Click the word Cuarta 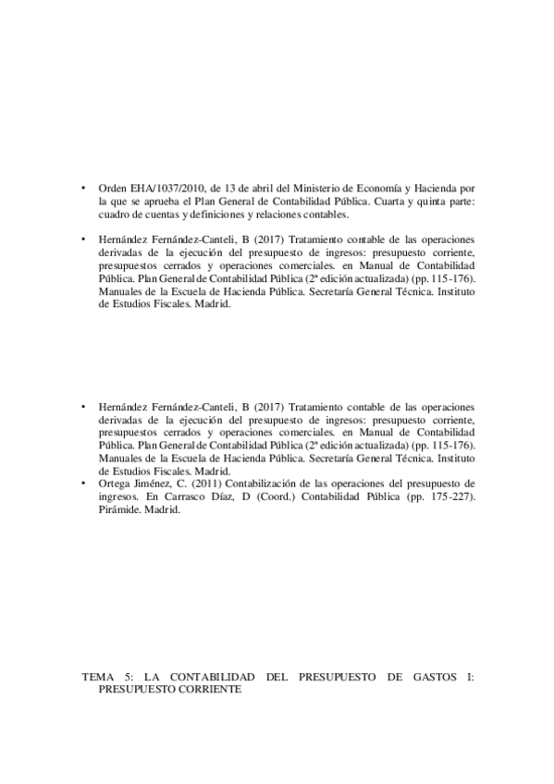[x=387, y=200]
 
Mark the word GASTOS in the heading [x=433, y=677]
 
